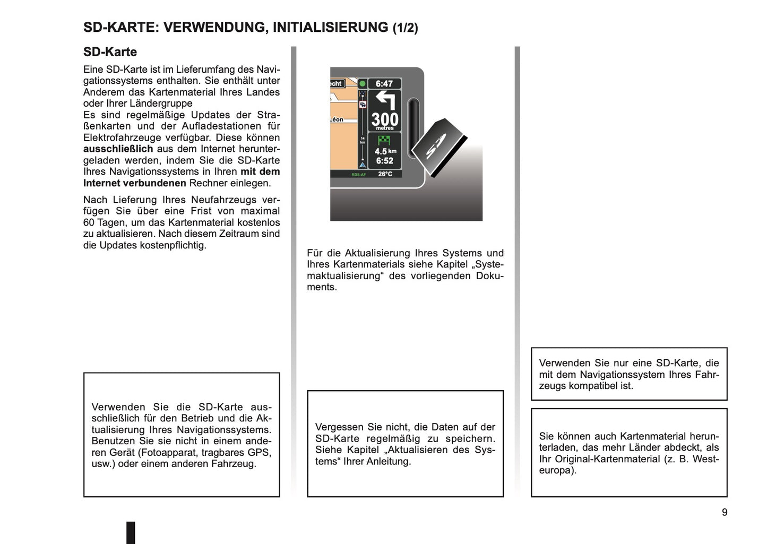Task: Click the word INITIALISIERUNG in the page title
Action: (x=330, y=28)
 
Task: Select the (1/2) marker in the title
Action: (x=406, y=28)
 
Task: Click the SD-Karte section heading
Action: (x=110, y=52)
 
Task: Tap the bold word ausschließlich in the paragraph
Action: (x=118, y=149)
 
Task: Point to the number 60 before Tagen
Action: (x=89, y=222)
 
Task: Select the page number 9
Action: (x=725, y=512)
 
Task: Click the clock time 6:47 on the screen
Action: (x=384, y=84)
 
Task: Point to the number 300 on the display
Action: (x=385, y=119)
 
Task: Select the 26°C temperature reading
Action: (x=385, y=174)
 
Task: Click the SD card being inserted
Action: (x=439, y=148)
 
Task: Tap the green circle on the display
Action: (x=363, y=84)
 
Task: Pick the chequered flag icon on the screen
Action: (x=384, y=140)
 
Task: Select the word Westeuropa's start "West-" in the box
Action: (x=705, y=459)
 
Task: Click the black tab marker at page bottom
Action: (x=131, y=532)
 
